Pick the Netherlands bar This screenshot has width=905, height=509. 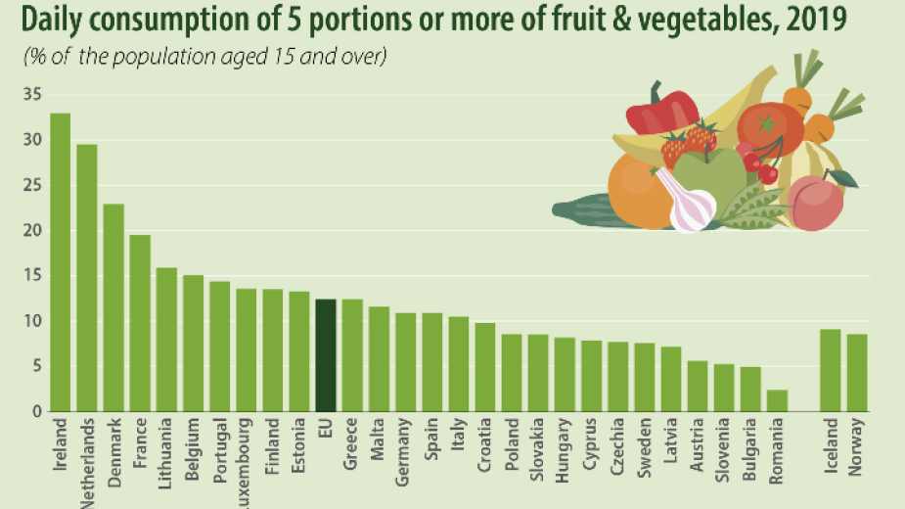87,278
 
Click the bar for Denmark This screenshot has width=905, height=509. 113,307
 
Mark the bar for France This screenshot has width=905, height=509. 140,323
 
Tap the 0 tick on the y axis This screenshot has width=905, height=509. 37,412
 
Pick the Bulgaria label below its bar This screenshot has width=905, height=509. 749,452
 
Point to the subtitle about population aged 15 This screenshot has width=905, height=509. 205,57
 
